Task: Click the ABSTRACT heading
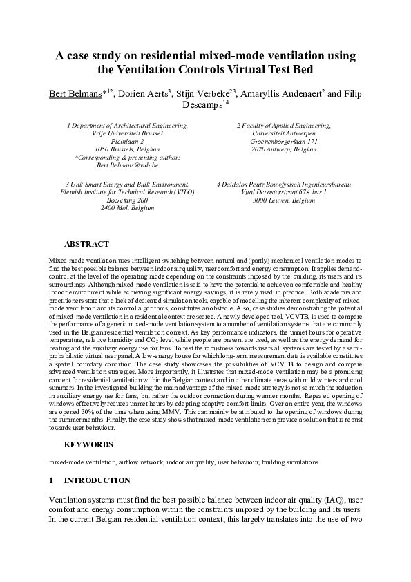pyautogui.click(x=86, y=244)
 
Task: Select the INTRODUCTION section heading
pyautogui.click(x=97, y=480)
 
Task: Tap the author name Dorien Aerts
pyautogui.click(x=143, y=94)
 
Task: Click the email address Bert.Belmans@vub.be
pyautogui.click(x=128, y=165)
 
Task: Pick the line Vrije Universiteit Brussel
pyautogui.click(x=128, y=134)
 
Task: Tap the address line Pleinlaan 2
pyautogui.click(x=128, y=142)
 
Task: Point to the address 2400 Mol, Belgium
pyautogui.click(x=128, y=207)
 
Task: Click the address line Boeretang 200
pyautogui.click(x=128, y=200)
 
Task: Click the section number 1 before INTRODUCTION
pyautogui.click(x=51, y=480)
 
